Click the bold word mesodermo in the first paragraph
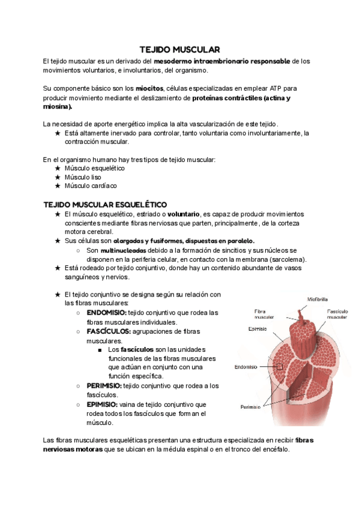coord(171,61)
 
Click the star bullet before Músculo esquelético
coord(57,169)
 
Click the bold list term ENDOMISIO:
coord(106,313)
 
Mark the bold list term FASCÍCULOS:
coord(109,331)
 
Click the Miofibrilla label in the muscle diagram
coord(317,298)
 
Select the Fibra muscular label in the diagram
coord(264,314)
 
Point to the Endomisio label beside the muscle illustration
coord(245,366)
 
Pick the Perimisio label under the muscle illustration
coord(250,406)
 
